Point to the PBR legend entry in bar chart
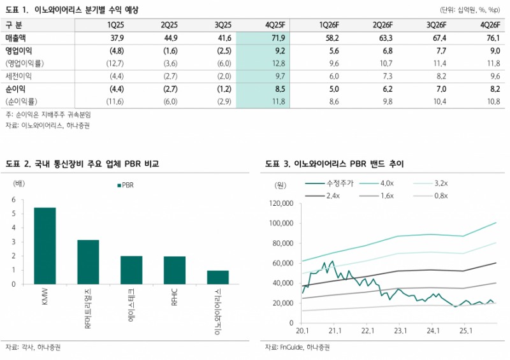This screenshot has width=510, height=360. point(125,185)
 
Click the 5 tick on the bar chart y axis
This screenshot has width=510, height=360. point(13,213)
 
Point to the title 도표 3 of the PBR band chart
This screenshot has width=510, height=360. point(335,164)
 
